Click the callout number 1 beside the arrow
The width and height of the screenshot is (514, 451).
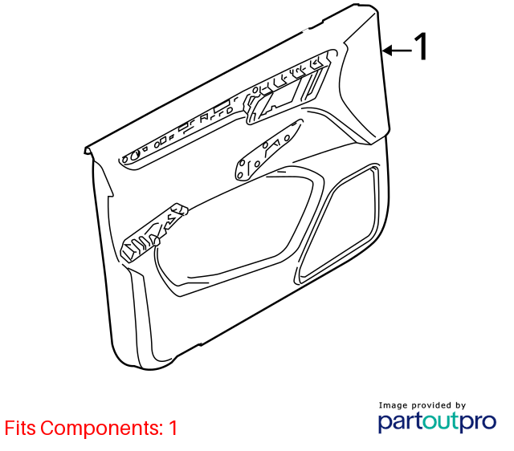pos(421,46)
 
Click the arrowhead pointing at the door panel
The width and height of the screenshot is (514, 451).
pos(387,51)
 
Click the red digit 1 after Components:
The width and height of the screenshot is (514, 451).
pos(173,428)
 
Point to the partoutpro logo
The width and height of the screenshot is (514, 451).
pos(437,421)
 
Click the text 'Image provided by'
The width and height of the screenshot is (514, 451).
pos(422,405)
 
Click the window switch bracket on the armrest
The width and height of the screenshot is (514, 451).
pos(153,233)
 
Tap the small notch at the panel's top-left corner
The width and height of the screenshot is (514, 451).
pos(88,151)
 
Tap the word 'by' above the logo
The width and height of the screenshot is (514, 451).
pos(460,406)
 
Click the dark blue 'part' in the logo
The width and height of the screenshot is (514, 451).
pos(400,422)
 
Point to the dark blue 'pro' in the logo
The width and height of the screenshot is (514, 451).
pos(477,423)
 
